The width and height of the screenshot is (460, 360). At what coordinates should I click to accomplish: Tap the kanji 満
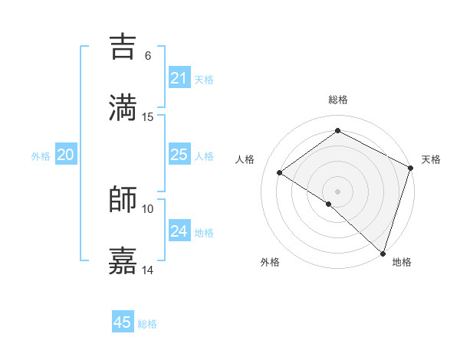click(123, 107)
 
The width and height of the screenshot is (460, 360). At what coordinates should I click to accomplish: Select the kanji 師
click(123, 199)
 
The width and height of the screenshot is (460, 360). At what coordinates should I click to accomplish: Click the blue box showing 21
click(179, 78)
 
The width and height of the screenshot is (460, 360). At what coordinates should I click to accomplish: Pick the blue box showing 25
click(179, 155)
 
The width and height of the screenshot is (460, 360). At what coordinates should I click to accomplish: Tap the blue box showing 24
click(179, 231)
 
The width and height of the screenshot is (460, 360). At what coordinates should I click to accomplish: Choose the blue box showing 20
click(66, 155)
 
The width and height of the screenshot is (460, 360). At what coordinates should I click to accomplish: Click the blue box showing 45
click(123, 322)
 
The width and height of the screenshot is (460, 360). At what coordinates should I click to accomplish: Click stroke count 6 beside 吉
click(148, 56)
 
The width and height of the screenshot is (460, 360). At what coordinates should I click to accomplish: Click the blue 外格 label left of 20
click(41, 155)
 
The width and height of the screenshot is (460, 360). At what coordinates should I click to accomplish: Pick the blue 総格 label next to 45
click(147, 323)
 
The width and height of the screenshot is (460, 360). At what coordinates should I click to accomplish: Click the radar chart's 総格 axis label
click(337, 100)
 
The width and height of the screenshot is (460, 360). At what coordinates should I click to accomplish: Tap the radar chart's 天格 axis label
click(431, 159)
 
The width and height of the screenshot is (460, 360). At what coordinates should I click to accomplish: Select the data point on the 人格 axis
click(280, 172)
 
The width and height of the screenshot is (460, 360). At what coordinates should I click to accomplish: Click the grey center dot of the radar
click(337, 191)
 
